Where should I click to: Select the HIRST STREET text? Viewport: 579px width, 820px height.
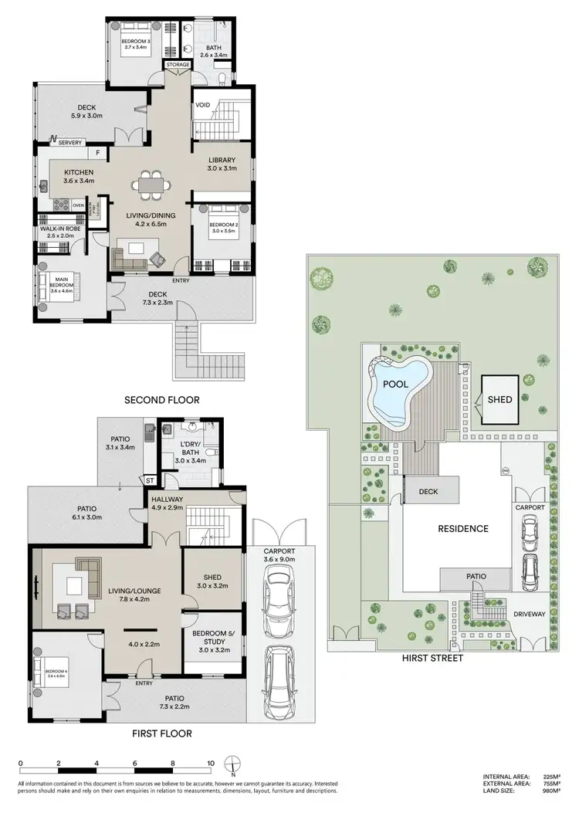[x=433, y=659]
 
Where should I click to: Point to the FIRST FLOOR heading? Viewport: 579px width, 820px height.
[x=158, y=733]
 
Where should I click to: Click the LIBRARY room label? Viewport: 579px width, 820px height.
[x=222, y=161]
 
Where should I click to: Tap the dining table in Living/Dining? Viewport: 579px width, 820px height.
[x=146, y=185]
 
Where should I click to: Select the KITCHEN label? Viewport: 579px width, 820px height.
[x=79, y=172]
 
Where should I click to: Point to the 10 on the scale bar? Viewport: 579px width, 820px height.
[x=211, y=762]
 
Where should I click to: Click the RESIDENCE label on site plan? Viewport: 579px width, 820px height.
[x=463, y=529]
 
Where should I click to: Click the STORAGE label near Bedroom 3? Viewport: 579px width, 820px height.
[x=178, y=65]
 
